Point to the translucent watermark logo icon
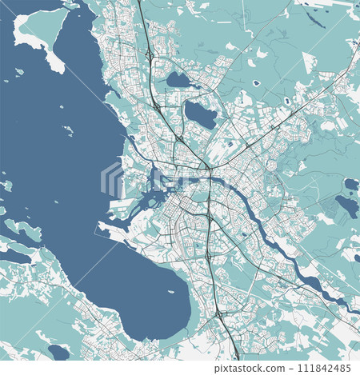pyautogui.click(x=112, y=180)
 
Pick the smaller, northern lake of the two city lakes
pyautogui.click(x=178, y=79)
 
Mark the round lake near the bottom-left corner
pyautogui.click(x=58, y=351)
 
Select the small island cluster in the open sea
pyautogui.click(x=69, y=130)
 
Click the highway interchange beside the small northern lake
pyautogui.click(x=150, y=56)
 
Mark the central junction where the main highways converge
pyautogui.click(x=206, y=169)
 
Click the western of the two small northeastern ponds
pyautogui.click(x=256, y=83)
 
